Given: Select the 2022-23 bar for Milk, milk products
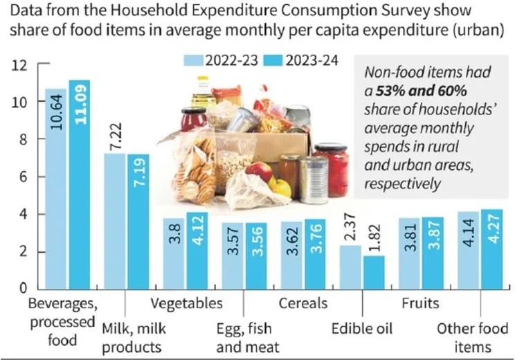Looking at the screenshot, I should [x=115, y=221].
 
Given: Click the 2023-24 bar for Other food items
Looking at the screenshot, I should [x=491, y=249].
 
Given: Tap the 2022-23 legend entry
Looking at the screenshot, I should [x=221, y=60].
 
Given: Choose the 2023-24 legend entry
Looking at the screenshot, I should [x=300, y=60].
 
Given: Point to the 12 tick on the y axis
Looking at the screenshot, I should [x=19, y=66].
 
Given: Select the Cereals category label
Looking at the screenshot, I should [x=302, y=304].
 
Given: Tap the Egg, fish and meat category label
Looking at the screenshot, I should [x=249, y=337].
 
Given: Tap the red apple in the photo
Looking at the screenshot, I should [x=260, y=171].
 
